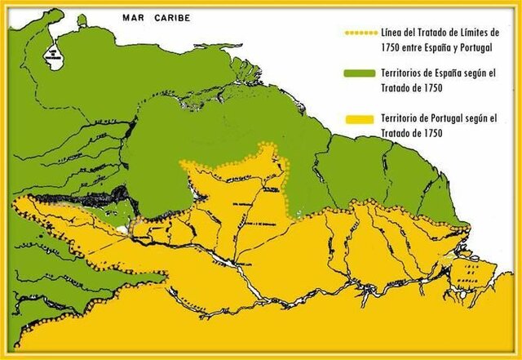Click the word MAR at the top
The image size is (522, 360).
[x=132, y=16]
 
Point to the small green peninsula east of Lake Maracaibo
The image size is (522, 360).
[x=82, y=21]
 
